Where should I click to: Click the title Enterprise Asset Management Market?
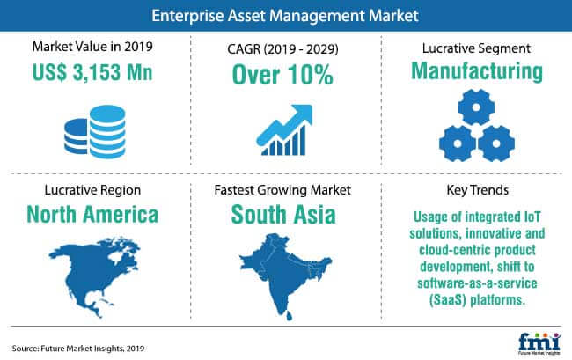[285, 16]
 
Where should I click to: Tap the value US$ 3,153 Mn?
[92, 72]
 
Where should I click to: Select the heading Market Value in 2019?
[92, 47]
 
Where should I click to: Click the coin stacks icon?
[95, 132]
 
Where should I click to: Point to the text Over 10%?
[282, 75]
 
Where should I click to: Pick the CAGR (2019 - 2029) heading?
[282, 49]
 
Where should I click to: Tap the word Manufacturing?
[477, 71]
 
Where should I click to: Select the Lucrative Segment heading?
[476, 48]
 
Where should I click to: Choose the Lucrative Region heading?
[92, 190]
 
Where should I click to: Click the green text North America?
[92, 214]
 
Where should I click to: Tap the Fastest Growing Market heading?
[282, 190]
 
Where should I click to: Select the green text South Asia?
[283, 214]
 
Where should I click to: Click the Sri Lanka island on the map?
[289, 315]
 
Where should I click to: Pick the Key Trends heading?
[478, 190]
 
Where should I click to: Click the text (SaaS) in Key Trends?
[448, 300]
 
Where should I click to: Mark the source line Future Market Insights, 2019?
[78, 349]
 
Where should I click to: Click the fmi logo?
[539, 343]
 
